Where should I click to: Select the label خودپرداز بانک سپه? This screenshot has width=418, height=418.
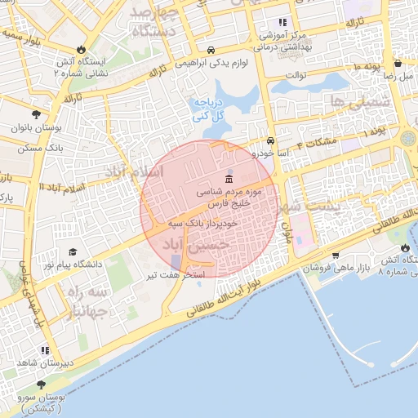coord(203,223)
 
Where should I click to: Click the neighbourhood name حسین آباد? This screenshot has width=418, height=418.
coord(196,244)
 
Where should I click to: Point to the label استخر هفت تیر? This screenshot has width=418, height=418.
coord(175,277)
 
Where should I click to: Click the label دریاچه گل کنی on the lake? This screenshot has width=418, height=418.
coord(207,110)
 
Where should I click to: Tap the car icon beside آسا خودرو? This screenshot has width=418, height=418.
coord(270,140)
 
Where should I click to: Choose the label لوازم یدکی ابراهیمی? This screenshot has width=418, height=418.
coord(215,62)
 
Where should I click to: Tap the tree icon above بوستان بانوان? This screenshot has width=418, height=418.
coord(36,114)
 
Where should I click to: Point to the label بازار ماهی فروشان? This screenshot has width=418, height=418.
coord(337,268)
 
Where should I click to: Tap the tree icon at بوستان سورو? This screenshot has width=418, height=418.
coord(41,384)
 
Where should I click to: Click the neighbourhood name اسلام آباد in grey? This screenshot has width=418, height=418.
coord(137,172)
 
